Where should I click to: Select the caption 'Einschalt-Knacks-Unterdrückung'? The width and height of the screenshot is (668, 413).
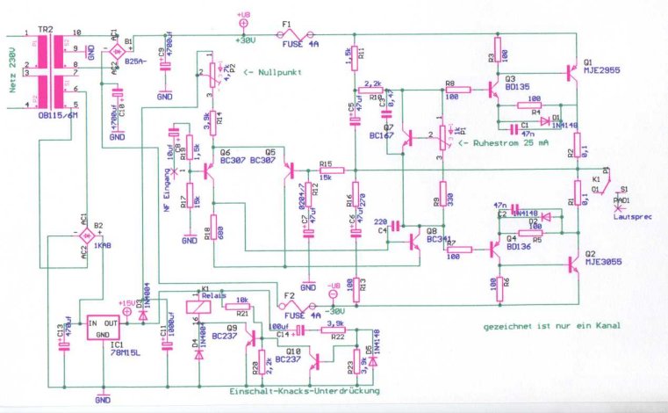tap(305, 390)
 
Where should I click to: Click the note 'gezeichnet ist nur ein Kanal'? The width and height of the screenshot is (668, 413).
tap(550, 325)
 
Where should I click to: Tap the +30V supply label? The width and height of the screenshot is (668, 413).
tap(246, 38)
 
